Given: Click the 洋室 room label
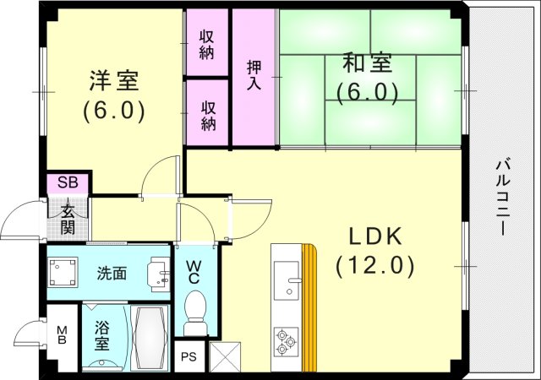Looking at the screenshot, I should pos(113,83).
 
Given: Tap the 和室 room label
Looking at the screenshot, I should pos(366,63).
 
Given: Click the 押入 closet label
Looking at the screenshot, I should pos(254,75).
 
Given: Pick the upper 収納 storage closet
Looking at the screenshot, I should pos(207,44).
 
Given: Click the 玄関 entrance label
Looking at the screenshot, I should pos(68,220).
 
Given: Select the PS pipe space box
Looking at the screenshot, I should pos(188,356).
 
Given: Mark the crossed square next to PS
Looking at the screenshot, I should pos(225,356).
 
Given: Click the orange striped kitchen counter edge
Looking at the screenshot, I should pos(310,308).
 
